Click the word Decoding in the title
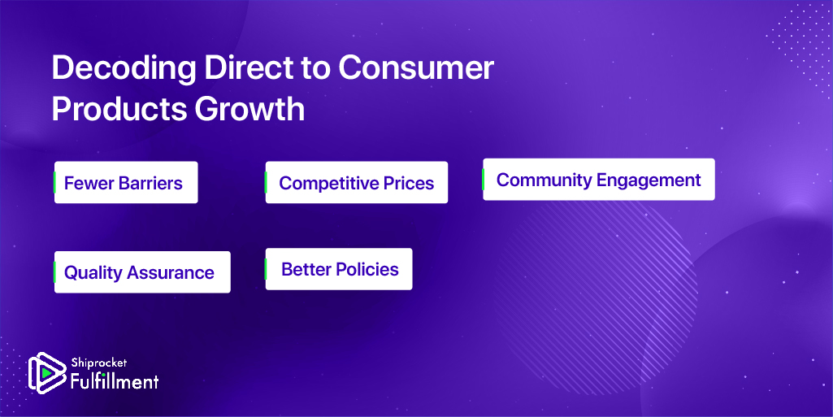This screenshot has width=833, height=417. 124,69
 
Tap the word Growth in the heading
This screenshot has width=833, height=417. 249,109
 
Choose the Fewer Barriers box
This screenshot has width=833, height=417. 126,182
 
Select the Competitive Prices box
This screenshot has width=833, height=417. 357,182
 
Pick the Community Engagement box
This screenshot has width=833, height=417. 599,179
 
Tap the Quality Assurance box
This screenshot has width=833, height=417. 142,272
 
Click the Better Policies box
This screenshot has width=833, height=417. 339,269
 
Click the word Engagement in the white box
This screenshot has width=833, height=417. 649,180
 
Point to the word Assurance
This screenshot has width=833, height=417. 170,272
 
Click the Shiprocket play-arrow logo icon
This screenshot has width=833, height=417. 47,373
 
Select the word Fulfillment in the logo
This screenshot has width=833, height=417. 115,381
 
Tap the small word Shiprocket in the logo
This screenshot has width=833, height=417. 99,363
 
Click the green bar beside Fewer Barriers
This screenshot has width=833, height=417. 54,182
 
